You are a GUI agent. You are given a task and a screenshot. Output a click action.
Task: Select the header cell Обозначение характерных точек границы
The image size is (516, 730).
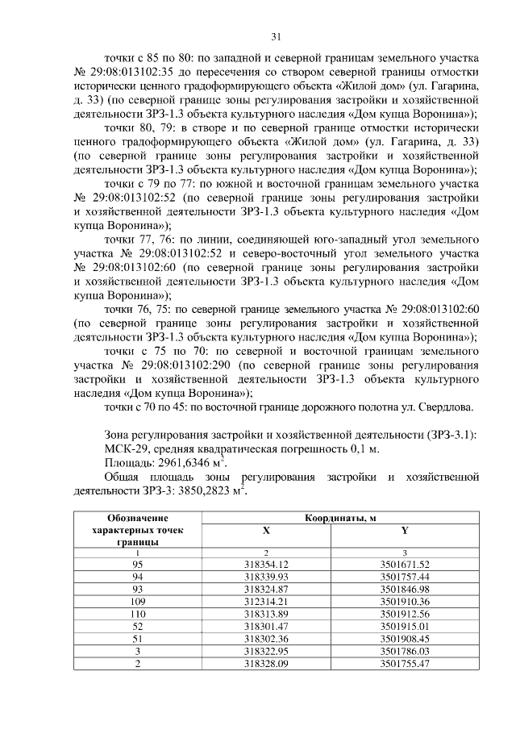(x=136, y=530)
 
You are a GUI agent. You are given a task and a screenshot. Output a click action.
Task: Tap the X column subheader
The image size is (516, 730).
(x=266, y=532)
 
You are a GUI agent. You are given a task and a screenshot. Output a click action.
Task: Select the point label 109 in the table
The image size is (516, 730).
(x=136, y=602)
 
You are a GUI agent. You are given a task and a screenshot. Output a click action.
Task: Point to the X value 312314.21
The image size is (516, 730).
(x=266, y=602)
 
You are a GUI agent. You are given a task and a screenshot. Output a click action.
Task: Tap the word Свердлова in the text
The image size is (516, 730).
(x=447, y=406)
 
